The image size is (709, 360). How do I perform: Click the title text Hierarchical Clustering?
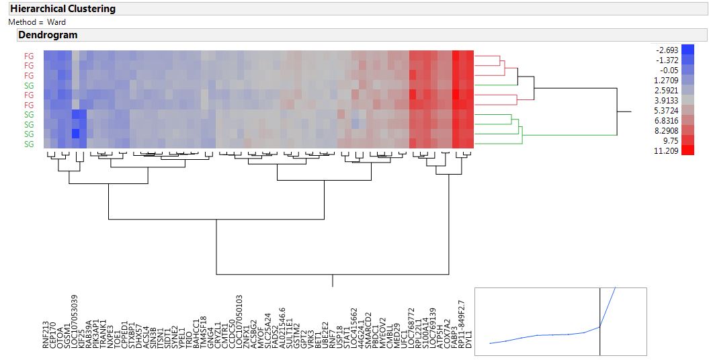[62, 9]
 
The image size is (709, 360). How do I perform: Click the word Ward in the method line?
[56, 22]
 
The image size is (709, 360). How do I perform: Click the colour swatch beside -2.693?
[687, 50]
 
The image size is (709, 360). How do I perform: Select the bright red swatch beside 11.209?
[687, 150]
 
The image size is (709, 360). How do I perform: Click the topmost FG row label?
[29, 56]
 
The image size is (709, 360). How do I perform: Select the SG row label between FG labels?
[29, 85]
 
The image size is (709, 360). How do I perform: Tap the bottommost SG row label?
[29, 144]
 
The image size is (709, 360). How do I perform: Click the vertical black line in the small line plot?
[599, 316]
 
